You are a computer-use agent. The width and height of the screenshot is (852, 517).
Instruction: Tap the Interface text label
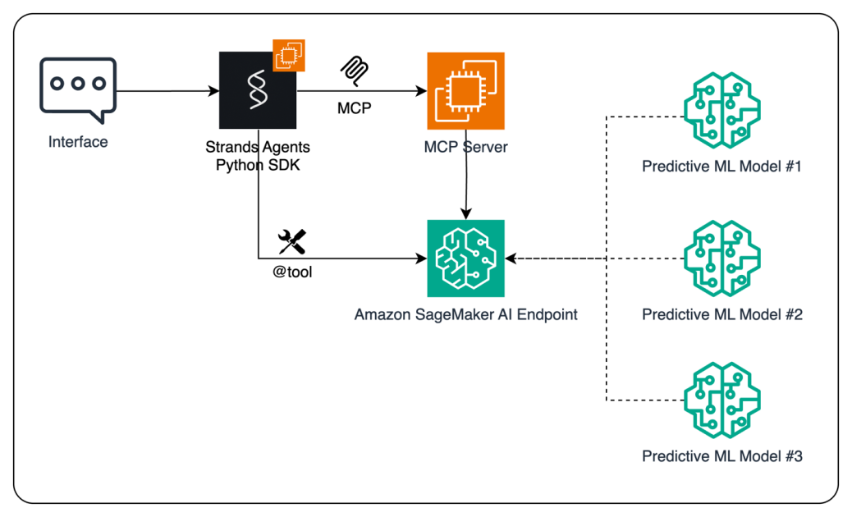tap(78, 142)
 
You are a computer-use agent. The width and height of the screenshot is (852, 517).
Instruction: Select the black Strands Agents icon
tap(257, 90)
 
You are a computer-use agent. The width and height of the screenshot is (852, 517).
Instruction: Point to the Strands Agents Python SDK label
tap(258, 156)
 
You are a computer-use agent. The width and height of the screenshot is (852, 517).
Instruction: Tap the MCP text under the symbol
tap(354, 108)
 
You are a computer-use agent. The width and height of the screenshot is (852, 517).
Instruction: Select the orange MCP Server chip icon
tap(465, 90)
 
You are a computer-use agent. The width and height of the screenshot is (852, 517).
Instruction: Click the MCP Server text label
tap(465, 148)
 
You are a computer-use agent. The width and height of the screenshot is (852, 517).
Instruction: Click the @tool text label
tap(292, 272)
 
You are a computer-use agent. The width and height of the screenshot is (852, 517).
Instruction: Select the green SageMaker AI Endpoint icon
tap(465, 258)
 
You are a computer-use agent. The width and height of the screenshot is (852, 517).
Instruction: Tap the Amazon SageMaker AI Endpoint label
tap(465, 314)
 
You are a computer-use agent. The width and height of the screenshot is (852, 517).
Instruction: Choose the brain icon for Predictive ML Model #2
tap(721, 258)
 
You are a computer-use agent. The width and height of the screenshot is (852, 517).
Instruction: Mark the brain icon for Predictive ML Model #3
tap(721, 400)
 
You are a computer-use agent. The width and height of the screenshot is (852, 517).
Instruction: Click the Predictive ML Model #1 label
tap(721, 167)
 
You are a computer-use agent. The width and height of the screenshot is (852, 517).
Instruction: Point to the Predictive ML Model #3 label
tap(721, 456)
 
